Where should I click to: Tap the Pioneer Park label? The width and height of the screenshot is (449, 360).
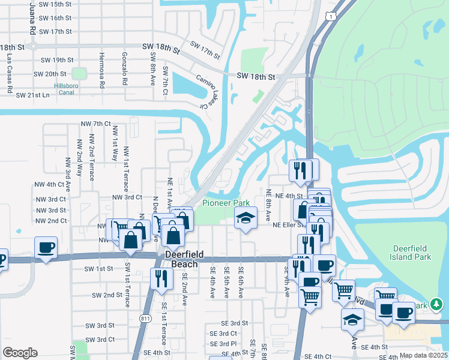[x=225, y=203]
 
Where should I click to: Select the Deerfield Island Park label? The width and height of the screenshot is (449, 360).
[x=412, y=253]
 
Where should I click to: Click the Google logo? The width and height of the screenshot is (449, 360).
[x=20, y=353]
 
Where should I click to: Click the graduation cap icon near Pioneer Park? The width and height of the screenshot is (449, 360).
[x=246, y=217]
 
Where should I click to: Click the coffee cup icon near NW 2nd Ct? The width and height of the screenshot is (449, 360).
[x=46, y=247]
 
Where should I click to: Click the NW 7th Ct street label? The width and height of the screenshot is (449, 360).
[x=96, y=124]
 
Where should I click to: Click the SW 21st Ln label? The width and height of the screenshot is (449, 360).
[x=32, y=95]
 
